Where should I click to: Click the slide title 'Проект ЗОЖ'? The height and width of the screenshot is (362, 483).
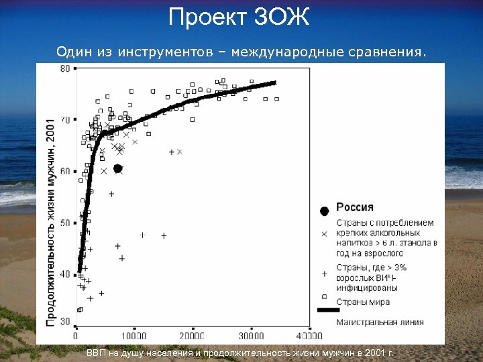(239, 17)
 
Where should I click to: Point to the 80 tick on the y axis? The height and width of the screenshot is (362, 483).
(65, 68)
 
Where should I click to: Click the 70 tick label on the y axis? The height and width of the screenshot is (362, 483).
(65, 120)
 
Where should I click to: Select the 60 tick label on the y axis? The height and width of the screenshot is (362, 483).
(65, 172)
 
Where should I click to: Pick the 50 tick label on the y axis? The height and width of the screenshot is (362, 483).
(65, 223)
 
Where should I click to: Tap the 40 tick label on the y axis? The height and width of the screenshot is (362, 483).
(65, 274)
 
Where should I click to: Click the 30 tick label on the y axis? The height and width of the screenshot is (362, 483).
(65, 321)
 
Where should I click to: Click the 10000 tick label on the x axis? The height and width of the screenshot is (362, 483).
(134, 336)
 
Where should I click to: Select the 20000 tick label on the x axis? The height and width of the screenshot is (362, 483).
(193, 336)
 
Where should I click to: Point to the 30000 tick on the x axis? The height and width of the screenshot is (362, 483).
(251, 336)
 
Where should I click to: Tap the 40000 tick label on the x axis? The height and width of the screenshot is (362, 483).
(309, 336)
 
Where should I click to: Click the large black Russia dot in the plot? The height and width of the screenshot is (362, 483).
(118, 169)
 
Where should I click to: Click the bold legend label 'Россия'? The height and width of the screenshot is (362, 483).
(355, 208)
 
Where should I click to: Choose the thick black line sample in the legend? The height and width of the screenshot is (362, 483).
(324, 310)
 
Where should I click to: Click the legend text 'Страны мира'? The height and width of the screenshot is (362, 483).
(363, 302)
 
